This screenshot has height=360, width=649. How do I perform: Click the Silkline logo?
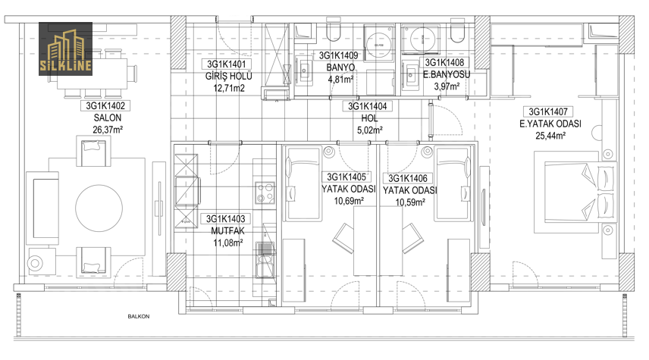[x=65, y=49]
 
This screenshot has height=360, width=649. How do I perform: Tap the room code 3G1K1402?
[x=105, y=106]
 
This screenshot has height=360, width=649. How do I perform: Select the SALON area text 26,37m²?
[x=108, y=130]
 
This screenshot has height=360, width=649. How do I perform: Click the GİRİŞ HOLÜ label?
[x=228, y=77]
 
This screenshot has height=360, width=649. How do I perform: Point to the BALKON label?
[x=139, y=317]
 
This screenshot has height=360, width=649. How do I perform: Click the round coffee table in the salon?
[x=99, y=208]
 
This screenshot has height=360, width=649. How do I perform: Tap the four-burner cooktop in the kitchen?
[x=265, y=193]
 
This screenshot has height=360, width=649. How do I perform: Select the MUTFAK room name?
[x=227, y=231]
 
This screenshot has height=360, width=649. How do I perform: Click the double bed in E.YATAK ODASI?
[x=575, y=193]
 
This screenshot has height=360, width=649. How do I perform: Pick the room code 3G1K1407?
[x=548, y=111]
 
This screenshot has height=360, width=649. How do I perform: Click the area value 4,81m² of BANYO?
[x=340, y=79]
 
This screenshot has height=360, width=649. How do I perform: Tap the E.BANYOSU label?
[x=446, y=75]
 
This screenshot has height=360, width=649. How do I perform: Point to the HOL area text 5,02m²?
[x=370, y=130]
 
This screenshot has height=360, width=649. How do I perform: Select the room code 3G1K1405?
[x=346, y=177]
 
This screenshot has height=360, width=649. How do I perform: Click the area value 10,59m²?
[x=410, y=202]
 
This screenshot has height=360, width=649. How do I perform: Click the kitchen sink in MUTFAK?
[x=265, y=260]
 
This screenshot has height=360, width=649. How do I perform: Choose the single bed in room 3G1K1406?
[x=453, y=183]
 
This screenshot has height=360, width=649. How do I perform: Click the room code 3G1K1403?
[x=226, y=219]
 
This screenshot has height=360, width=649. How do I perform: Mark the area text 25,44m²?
[x=550, y=136]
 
